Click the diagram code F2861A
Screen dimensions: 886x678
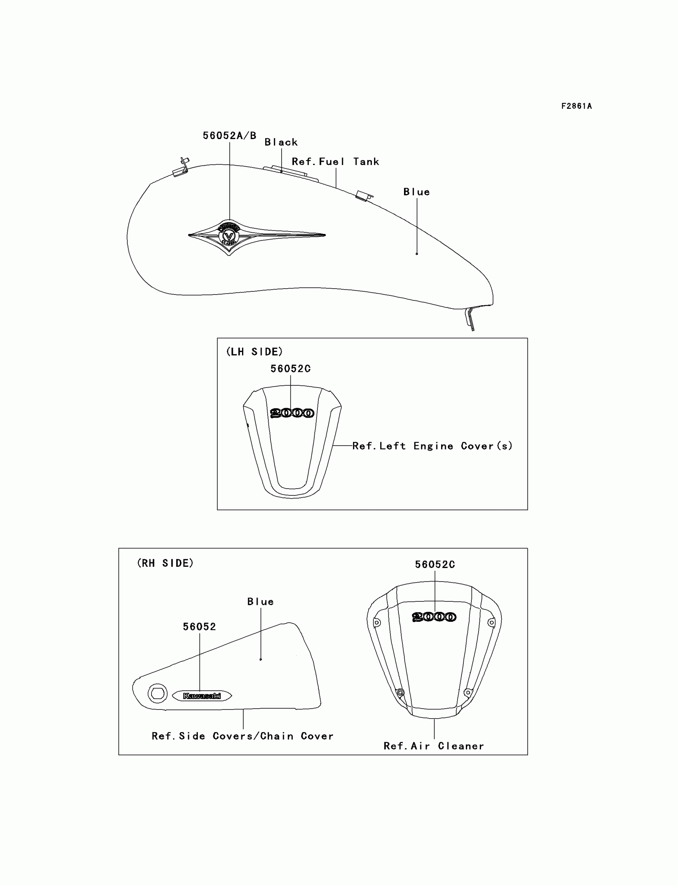(576, 106)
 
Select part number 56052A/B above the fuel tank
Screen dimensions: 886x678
(229, 136)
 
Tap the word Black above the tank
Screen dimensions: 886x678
(281, 142)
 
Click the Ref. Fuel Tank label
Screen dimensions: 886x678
(335, 162)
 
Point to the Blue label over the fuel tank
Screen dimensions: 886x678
(416, 192)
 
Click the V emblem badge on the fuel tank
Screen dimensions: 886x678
(229, 236)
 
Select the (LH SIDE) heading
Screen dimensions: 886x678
(254, 352)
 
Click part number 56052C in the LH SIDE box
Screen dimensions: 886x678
(290, 369)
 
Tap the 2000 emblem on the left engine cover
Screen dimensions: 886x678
(292, 413)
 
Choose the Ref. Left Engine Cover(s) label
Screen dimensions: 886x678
(432, 446)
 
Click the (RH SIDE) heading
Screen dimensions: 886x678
(165, 563)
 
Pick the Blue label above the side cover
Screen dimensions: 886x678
(260, 602)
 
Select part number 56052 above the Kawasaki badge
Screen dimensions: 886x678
(199, 626)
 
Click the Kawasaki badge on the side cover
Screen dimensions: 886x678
(202, 695)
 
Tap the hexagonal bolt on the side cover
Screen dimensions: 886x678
(158, 693)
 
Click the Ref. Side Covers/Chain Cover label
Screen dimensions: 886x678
(242, 736)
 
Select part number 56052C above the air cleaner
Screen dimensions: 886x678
(435, 565)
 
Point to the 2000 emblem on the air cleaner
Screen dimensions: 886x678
(434, 617)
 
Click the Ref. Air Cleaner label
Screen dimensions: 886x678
(434, 746)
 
